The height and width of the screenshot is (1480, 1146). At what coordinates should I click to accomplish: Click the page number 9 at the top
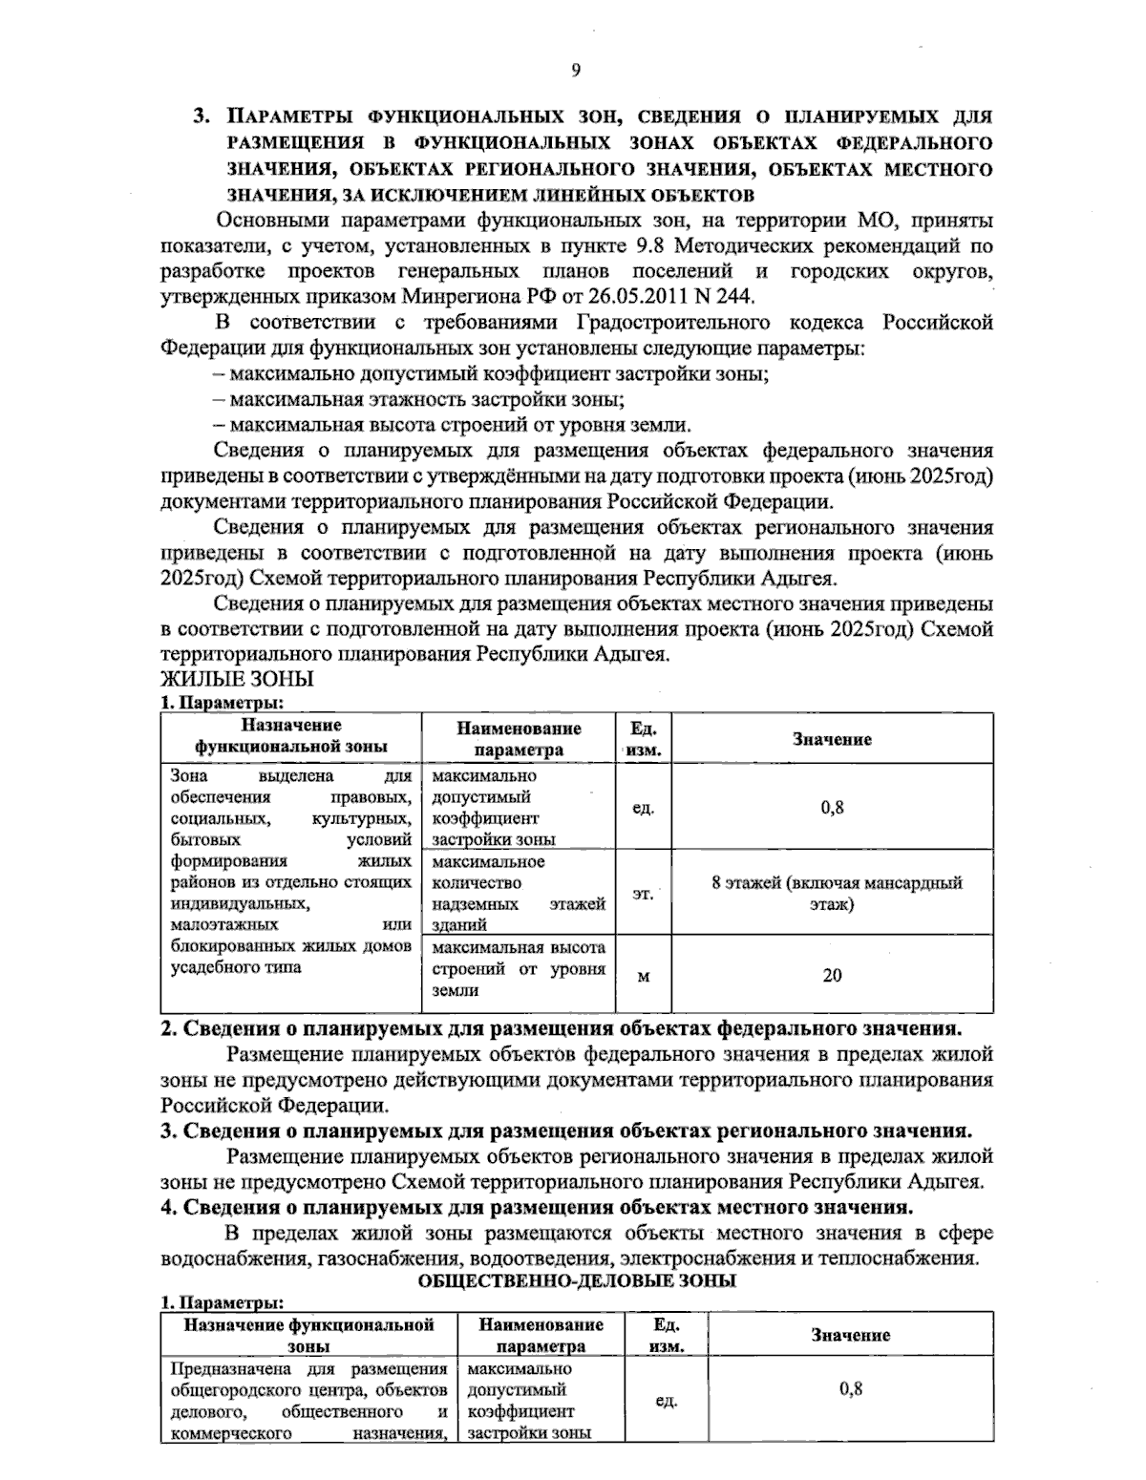(575, 69)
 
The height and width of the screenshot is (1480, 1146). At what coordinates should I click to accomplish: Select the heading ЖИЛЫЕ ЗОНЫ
(237, 680)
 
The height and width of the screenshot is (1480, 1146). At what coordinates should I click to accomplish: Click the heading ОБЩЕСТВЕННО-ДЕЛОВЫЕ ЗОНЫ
(577, 1281)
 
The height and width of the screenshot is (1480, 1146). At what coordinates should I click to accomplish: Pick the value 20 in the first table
(832, 976)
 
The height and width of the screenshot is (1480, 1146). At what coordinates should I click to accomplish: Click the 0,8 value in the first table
(832, 808)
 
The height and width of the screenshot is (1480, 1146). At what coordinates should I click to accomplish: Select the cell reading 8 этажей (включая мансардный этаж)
(837, 894)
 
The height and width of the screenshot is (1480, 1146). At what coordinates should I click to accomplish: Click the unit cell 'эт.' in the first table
(643, 894)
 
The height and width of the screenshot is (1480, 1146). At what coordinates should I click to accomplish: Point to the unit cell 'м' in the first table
(643, 976)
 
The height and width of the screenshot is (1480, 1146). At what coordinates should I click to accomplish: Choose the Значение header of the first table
(832, 739)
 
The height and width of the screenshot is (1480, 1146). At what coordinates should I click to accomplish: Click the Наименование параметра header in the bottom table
(541, 1335)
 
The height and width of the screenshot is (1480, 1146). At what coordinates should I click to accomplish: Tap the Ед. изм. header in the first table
(643, 739)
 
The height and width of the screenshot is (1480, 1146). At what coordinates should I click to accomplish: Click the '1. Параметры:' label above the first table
(222, 703)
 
